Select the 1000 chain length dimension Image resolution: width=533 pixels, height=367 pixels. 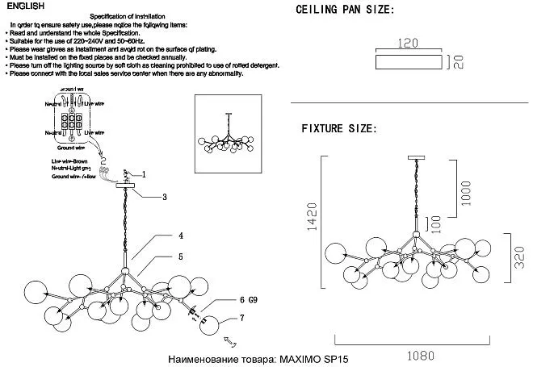(466, 193)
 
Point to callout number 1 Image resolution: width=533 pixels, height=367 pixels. (143, 174)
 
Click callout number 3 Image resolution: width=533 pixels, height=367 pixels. (164, 196)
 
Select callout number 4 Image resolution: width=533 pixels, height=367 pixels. (181, 236)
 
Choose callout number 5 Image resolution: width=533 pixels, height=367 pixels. (181, 256)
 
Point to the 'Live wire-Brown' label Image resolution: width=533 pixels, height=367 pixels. (68, 162)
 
